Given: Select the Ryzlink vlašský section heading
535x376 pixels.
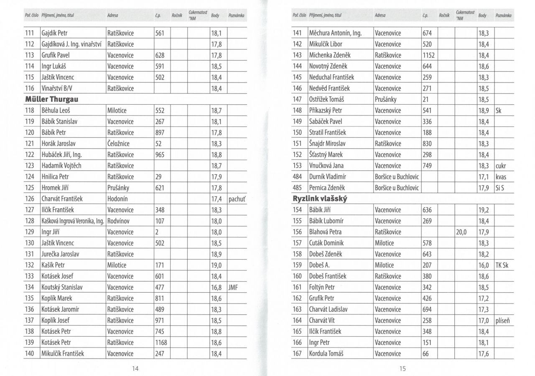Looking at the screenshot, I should tap(320, 199).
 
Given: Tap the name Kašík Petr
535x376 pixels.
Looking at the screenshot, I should tap(53, 265).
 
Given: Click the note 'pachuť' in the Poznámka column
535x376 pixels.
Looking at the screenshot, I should tap(236, 199).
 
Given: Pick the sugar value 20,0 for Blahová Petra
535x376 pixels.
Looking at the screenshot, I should tap(462, 232).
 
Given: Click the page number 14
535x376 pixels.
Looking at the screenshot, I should tap(135, 368).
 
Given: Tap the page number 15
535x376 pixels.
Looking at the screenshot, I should tap(402, 368).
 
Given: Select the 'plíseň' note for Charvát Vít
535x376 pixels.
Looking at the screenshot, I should tap(504, 321).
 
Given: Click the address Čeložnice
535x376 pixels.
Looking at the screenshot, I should tap(118, 144).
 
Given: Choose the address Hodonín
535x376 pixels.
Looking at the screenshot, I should tap(117, 199).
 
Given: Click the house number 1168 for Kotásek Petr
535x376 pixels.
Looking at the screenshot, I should tap(161, 343).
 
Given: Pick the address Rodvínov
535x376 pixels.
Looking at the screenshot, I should tap(120, 221).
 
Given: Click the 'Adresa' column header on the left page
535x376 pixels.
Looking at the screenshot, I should tap(112, 16).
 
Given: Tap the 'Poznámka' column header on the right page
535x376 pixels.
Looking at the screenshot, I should tap(503, 16).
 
